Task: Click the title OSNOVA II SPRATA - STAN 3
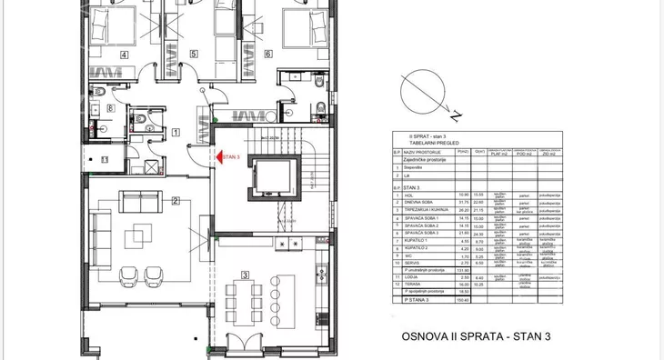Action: (x=477, y=336)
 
